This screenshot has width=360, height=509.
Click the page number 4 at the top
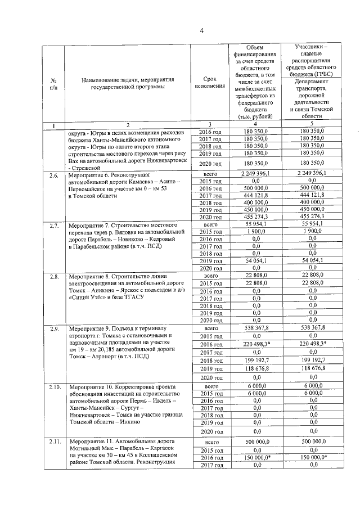click(x=202, y=30)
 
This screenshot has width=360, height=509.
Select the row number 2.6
click(x=54, y=176)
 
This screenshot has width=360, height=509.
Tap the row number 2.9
click(x=54, y=328)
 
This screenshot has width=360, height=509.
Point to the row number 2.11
click(x=55, y=442)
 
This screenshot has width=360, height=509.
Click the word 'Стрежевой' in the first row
click(x=86, y=167)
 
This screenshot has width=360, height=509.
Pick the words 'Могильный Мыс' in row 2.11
click(x=88, y=451)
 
